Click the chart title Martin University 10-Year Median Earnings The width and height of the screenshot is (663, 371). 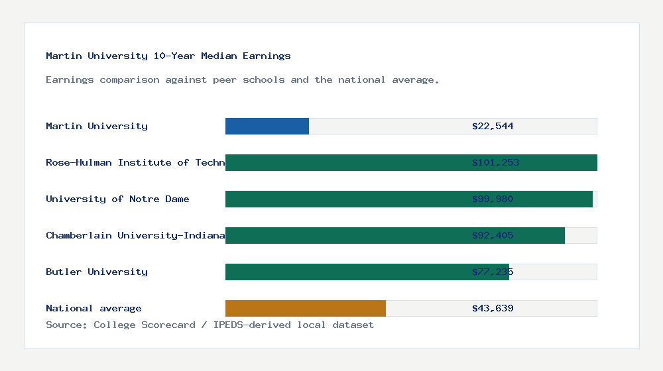168,56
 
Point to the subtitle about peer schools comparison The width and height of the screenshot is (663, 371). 242,79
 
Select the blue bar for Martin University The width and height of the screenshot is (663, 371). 267,126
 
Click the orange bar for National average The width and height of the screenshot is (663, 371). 306,308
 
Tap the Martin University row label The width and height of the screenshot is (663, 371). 97,126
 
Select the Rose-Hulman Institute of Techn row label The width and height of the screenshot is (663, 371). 135,162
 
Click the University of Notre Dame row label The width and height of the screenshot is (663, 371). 117,199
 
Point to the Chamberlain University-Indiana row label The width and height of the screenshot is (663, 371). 135,235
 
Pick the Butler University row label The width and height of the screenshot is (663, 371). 97,272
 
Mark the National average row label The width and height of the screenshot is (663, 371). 93,308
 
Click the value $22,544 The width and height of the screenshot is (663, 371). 493,126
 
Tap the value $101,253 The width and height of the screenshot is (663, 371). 495,162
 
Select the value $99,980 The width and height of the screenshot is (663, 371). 493,199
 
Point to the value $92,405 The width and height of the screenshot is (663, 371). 493,235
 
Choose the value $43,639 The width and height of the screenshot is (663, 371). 493,308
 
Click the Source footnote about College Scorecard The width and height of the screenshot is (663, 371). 210,325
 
